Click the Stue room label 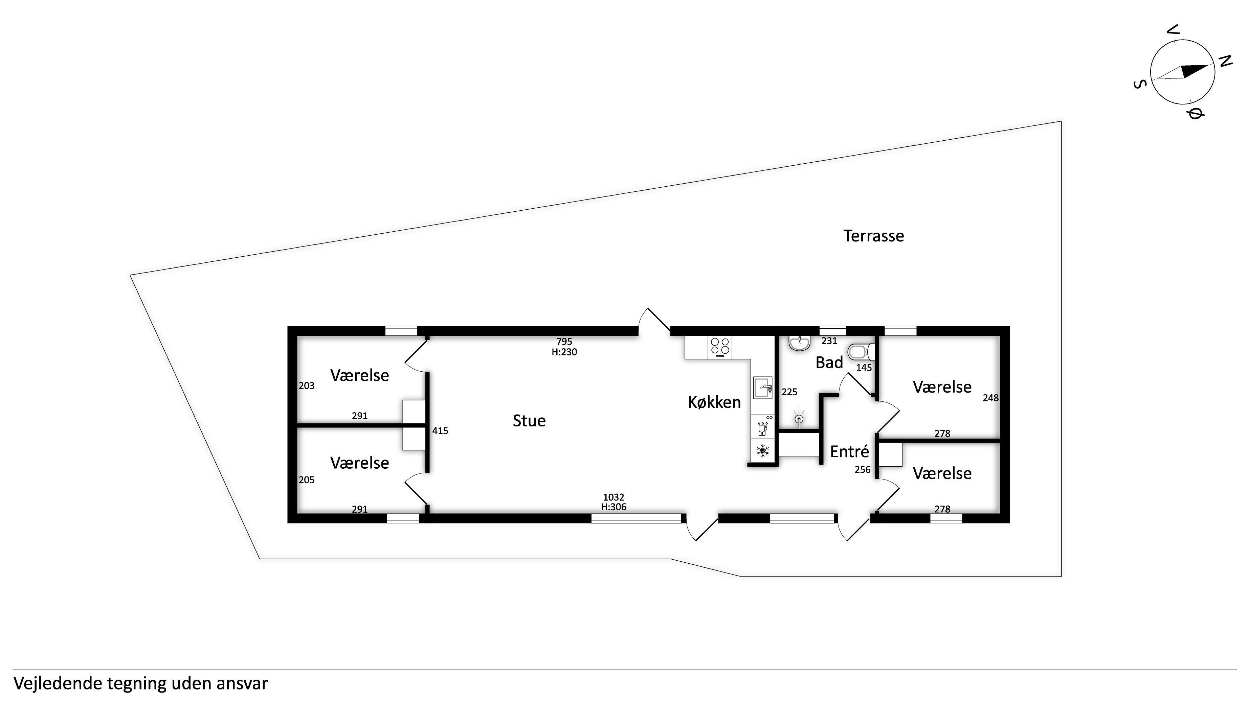(529, 421)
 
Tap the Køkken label (714, 402)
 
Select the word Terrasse (873, 236)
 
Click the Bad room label (829, 362)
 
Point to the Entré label (849, 451)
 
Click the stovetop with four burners (720, 347)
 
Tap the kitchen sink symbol (763, 388)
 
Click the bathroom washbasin (799, 343)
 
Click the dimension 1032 (614, 497)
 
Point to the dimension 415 (440, 431)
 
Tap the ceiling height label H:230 (564, 352)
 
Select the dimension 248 (990, 398)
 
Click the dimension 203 (307, 385)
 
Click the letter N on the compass (1225, 61)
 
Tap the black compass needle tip (1208, 65)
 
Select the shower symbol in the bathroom (799, 418)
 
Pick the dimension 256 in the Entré (863, 469)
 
